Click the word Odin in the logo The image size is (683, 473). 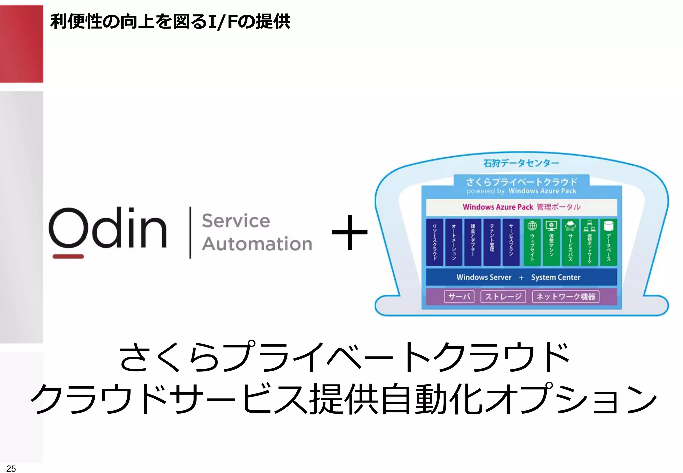click(x=107, y=228)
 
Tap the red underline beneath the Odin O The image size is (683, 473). click(x=68, y=256)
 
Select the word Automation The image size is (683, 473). click(x=257, y=244)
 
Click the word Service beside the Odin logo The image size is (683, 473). click(x=236, y=221)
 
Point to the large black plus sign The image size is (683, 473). click(x=350, y=232)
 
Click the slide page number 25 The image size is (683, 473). click(x=11, y=468)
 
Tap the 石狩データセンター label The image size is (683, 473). click(x=521, y=163)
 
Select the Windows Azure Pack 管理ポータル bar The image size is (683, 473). click(x=521, y=207)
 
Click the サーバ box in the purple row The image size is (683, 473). click(x=459, y=297)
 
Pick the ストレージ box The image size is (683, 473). click(x=503, y=297)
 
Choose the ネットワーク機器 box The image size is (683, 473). click(x=566, y=297)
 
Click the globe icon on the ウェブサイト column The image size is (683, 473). click(x=532, y=226)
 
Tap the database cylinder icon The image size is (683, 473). click(x=608, y=226)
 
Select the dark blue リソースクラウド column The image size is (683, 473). click(x=435, y=242)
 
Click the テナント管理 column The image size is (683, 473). click(x=492, y=242)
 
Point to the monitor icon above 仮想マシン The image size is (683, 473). click(x=551, y=226)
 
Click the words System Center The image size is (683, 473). click(x=556, y=277)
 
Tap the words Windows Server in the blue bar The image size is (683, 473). click(x=484, y=277)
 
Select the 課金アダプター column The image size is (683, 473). click(x=473, y=242)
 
